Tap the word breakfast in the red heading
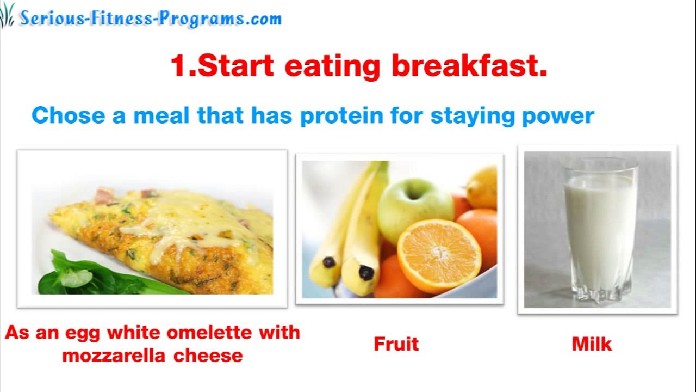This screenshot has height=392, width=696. (469, 66)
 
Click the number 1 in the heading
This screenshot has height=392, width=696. (179, 66)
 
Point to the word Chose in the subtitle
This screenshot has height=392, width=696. (69, 115)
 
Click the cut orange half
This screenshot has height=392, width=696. (439, 255)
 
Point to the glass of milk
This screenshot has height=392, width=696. (600, 229)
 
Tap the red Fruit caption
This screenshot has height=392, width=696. (396, 344)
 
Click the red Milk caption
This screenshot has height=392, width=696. (592, 344)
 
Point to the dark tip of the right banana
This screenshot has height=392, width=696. (366, 272)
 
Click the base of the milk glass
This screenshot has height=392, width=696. (599, 294)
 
